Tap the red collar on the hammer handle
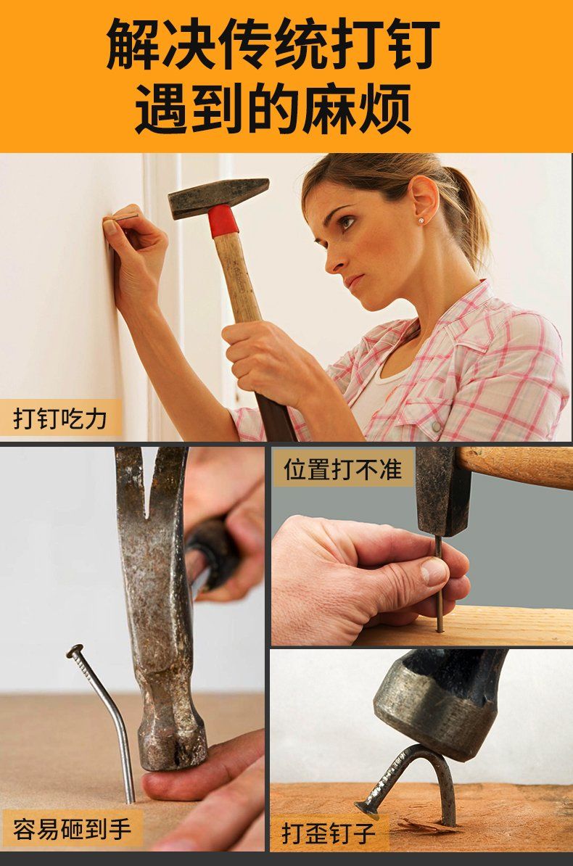(x=223, y=220)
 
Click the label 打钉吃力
(x=60, y=418)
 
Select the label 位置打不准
(x=342, y=469)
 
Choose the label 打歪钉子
(x=329, y=833)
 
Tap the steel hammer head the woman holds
(x=218, y=194)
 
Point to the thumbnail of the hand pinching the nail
(x=434, y=572)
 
